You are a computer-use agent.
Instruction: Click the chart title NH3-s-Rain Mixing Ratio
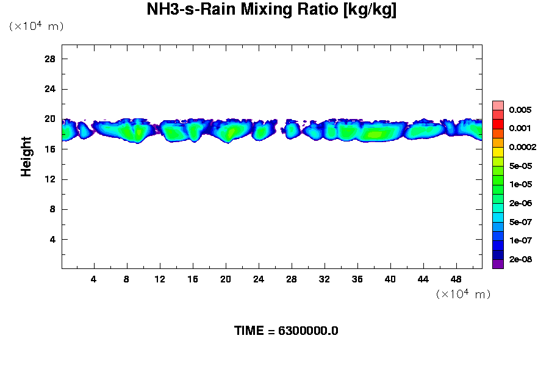point(271,10)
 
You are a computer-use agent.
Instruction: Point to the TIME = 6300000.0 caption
point(286,331)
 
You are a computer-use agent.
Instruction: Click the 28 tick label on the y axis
point(50,59)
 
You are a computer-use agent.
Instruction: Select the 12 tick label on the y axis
point(50,179)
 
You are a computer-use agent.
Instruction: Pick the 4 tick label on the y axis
point(52,239)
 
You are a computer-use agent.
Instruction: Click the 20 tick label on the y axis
point(50,119)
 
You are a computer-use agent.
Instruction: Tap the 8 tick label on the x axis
point(127,279)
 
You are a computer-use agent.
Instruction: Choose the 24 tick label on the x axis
point(259,279)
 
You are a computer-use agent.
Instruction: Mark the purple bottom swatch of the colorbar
point(498,264)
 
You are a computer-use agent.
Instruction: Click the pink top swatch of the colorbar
point(498,106)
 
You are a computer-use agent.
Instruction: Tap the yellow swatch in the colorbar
point(498,152)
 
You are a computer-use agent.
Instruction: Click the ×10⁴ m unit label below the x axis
point(463,295)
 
